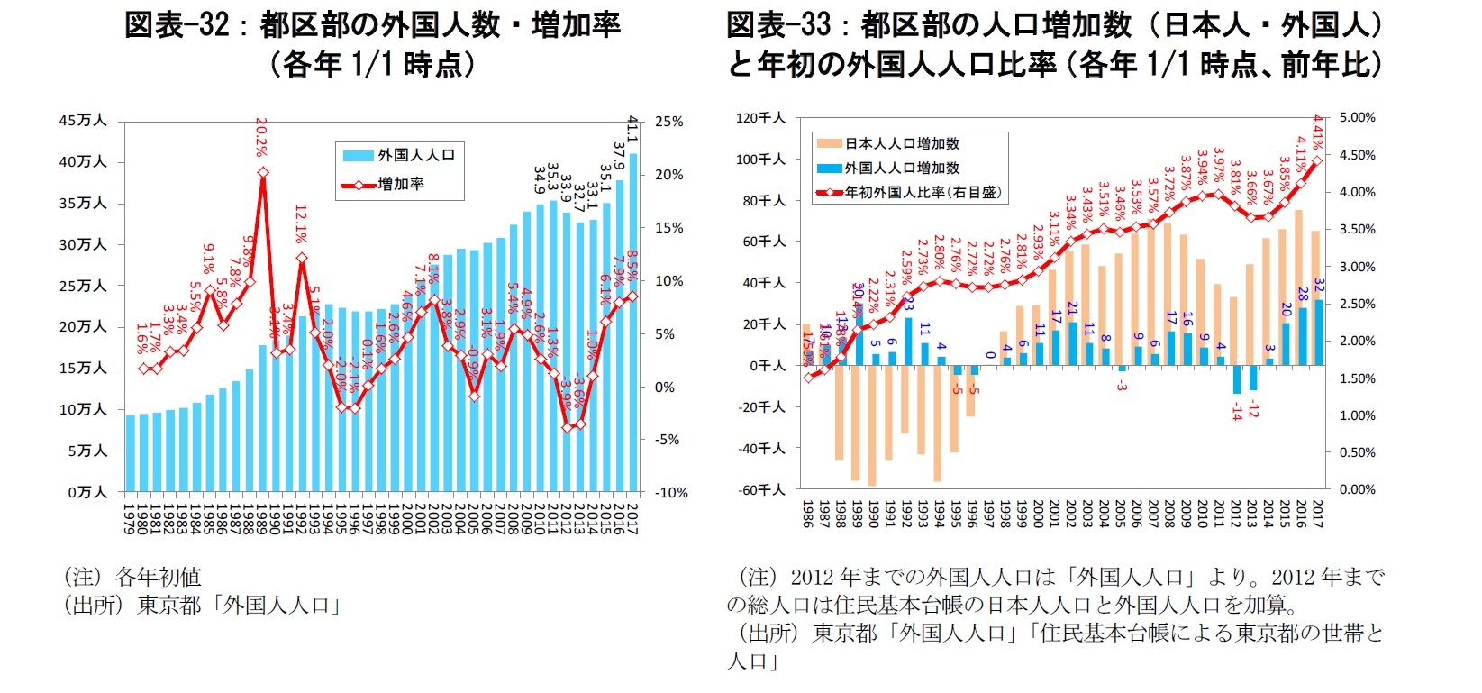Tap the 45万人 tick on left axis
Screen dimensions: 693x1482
tap(83, 121)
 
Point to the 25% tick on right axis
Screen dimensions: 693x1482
tap(668, 122)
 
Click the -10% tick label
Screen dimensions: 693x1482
tap(670, 493)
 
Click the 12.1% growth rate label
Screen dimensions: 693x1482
tap(302, 225)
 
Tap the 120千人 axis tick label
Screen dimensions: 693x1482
tap(761, 118)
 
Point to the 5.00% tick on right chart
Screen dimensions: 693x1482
tap(1358, 118)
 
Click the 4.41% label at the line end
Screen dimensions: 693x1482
tap(1318, 132)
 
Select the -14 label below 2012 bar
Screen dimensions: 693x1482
tap(1237, 411)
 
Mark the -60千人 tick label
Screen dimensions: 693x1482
tap(762, 489)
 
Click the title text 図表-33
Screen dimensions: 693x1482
tap(778, 24)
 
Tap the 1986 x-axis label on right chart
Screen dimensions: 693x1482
tap(807, 515)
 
